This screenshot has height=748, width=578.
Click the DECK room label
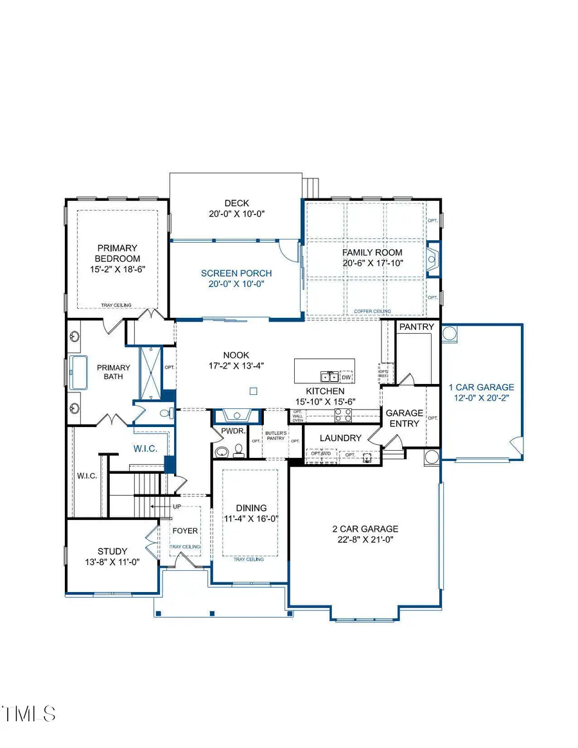coord(236,204)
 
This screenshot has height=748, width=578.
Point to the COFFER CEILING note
coord(371,311)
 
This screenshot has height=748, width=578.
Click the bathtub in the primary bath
coord(79,372)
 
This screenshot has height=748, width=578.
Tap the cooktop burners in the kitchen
coord(343,416)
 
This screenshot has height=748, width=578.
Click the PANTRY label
coord(417,327)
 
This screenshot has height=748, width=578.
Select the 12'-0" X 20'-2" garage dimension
coord(481,398)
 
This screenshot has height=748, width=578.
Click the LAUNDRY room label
coord(342,438)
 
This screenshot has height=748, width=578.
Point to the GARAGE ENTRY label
coord(405,418)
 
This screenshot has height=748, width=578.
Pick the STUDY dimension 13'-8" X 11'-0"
coord(112,562)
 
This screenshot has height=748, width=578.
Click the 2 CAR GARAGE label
coord(365,529)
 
